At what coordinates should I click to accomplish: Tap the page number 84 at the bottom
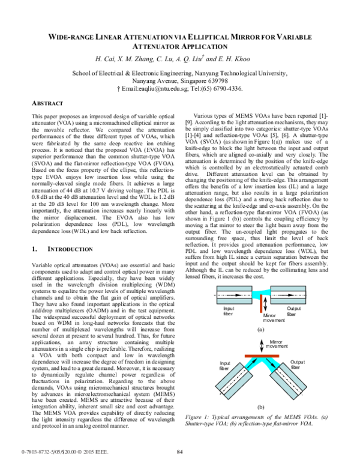coord(180,452)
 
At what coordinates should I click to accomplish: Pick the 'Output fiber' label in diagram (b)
coord(298,365)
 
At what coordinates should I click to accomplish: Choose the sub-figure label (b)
coord(262,407)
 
